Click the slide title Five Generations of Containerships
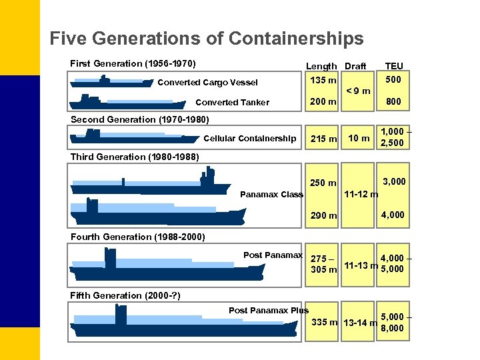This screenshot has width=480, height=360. tap(207, 39)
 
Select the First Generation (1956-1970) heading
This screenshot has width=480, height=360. tap(133, 64)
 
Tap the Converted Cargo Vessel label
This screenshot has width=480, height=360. tap(207, 83)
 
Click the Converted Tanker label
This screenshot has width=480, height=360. tap(232, 103)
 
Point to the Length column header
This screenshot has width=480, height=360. tap(321, 66)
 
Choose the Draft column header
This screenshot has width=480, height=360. tap(355, 66)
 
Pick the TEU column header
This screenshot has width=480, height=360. tap(393, 66)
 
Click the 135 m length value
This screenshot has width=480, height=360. tap(323, 81)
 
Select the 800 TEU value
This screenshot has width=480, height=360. tap(393, 102)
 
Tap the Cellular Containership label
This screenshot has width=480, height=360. tap(249, 139)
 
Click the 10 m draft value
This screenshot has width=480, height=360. tap(359, 139)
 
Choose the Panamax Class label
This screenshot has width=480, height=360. tap(271, 195)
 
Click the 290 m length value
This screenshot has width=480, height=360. tap(324, 215)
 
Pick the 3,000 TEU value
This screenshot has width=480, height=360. tap(393, 181)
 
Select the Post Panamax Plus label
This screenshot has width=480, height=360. tap(269, 310)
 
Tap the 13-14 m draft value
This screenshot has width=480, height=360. tap(359, 323)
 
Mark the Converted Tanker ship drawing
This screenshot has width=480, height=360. tap(127, 102)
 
